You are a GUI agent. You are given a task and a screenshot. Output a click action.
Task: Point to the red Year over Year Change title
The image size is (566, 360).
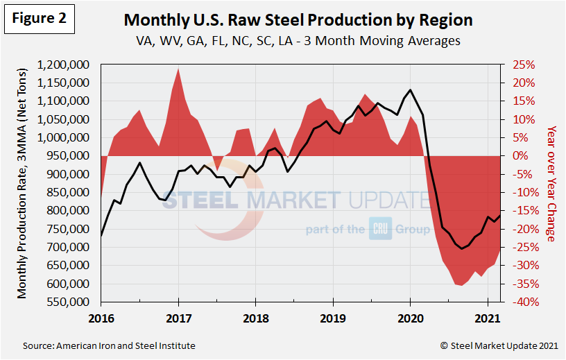[x=551, y=184]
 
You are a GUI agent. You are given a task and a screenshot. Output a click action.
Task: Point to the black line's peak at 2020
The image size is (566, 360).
[x=411, y=90]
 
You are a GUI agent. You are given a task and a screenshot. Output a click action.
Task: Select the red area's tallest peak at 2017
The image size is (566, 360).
[x=179, y=69]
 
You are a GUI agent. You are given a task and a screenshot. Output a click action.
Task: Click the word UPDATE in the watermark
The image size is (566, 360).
[x=388, y=200]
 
